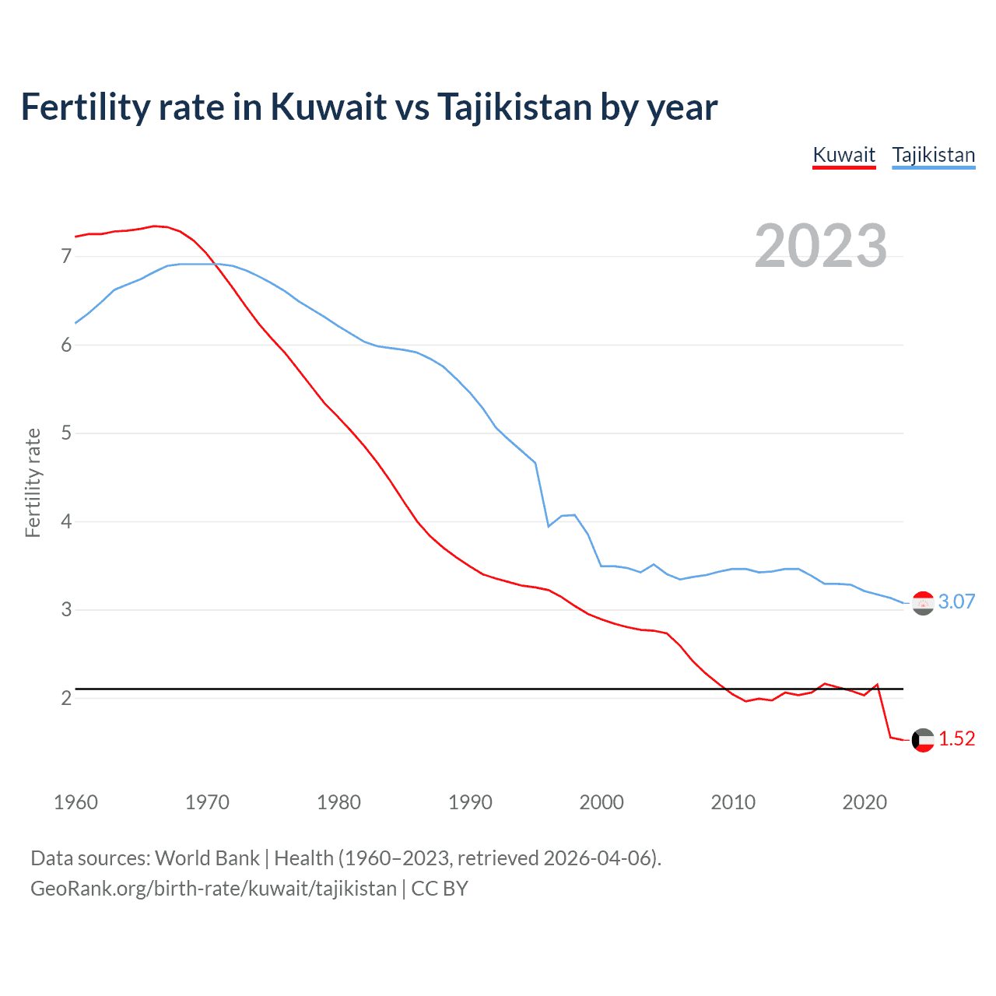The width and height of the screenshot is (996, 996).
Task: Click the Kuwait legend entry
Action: coord(843,155)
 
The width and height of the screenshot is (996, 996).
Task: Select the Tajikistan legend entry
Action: coord(933,155)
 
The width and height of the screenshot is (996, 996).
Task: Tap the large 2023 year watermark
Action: coord(821,246)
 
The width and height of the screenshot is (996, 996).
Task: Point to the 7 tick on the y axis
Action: coord(66,256)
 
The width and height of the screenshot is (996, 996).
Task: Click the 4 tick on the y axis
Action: coord(66,521)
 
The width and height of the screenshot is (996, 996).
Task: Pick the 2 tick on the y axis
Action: coord(66,698)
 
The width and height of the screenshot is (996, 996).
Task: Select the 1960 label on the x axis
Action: coord(75,802)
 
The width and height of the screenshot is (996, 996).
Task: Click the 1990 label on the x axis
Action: coord(470,802)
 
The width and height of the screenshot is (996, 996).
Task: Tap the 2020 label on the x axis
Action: coord(864,802)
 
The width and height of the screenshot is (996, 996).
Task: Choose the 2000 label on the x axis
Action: coord(601,802)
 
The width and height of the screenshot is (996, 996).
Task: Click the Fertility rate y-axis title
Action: coord(33,482)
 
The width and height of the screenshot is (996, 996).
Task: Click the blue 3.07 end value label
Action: coord(956,601)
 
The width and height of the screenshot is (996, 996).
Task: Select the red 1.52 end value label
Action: coord(956,738)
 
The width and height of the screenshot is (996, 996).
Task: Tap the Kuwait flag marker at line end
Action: coord(923,740)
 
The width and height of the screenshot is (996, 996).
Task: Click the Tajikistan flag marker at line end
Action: coord(923,603)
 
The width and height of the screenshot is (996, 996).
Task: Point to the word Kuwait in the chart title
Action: coord(328,107)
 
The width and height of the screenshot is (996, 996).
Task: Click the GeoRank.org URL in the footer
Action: coord(213,889)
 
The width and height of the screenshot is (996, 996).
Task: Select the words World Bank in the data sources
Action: coord(207,858)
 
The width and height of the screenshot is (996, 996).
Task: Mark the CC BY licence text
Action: coord(440,889)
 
